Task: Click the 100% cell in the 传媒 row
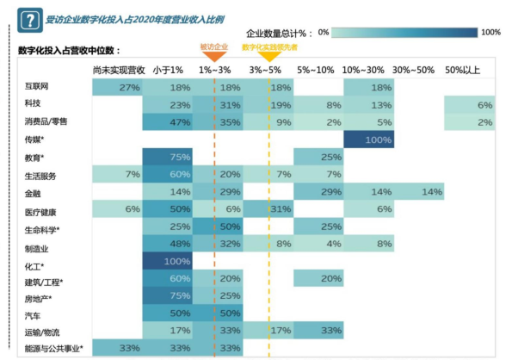click(x=368, y=139)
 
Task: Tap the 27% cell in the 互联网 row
click(x=117, y=88)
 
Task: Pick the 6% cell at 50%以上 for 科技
click(x=470, y=105)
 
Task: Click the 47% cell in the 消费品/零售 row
click(x=168, y=122)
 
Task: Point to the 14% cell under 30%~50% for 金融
click(x=418, y=191)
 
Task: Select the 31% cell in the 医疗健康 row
click(x=268, y=209)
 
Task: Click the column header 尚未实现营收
click(x=117, y=69)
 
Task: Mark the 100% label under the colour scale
click(x=490, y=32)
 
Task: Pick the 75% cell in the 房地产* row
click(x=168, y=296)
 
